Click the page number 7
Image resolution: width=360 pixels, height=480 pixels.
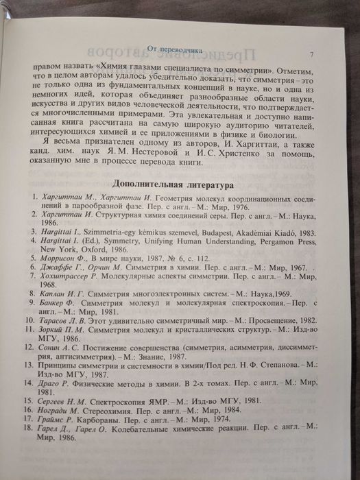(312, 55)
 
